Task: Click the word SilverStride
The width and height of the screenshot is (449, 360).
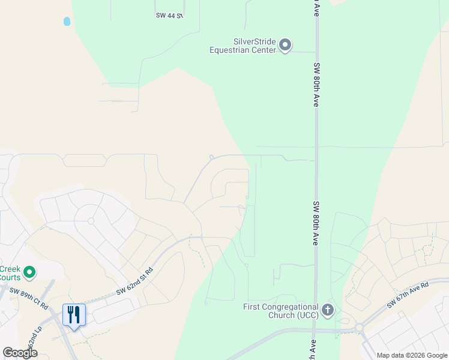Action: coord(254,41)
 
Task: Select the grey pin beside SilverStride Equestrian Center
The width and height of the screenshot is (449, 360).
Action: coord(286,44)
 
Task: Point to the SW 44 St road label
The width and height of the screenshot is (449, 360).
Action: coord(168,15)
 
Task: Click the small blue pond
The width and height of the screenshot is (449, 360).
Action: coord(67,22)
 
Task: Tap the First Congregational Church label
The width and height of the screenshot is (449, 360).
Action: coord(281,307)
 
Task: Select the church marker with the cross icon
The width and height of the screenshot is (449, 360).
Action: coord(327,310)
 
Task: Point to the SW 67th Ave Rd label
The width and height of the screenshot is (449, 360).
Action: coord(408,295)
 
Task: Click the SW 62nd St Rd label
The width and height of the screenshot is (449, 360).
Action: coord(134,281)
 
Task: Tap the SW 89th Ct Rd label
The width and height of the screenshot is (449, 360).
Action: coord(28,298)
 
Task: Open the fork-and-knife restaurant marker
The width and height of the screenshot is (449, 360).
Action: coord(74,315)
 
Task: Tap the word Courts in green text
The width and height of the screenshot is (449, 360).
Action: coord(10,277)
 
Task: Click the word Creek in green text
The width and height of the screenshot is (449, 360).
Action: coord(10,268)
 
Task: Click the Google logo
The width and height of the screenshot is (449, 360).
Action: coord(20,353)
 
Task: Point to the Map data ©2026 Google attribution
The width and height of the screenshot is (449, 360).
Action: coord(412,355)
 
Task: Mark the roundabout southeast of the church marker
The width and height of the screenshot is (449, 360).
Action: coord(361,328)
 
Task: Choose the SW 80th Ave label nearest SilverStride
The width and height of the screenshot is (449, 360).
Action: coord(315,84)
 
